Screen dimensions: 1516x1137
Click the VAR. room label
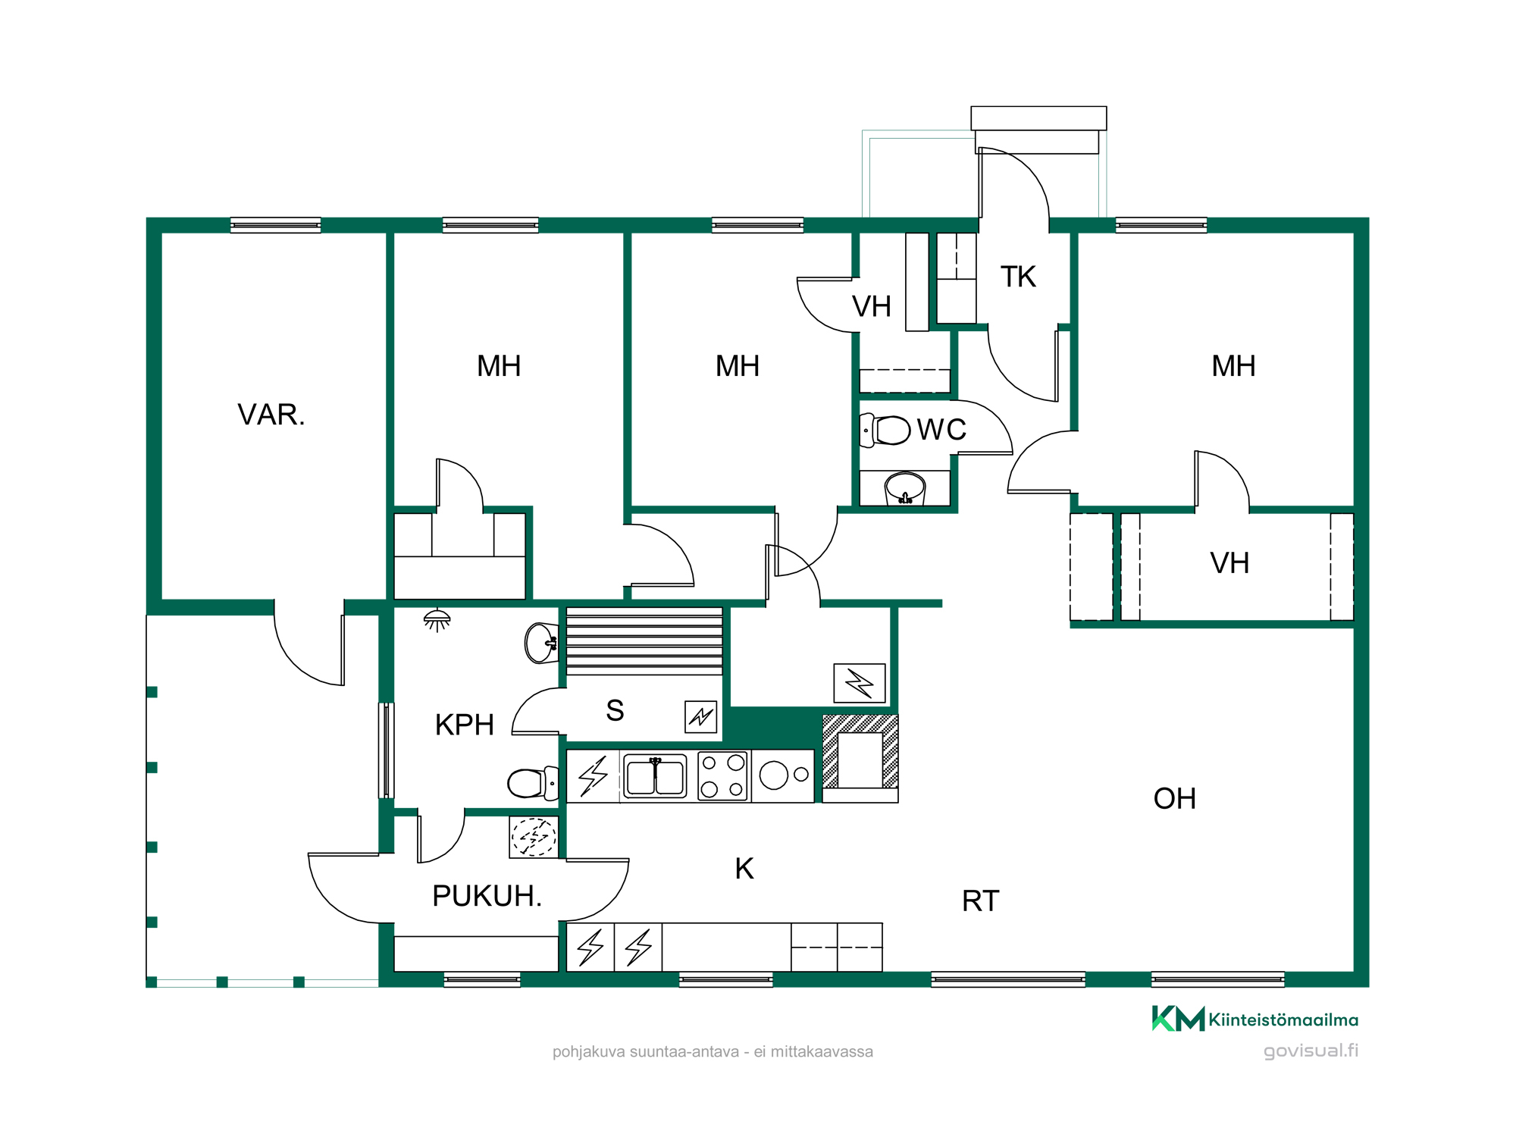coord(271,415)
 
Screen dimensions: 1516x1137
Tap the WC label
coord(941,430)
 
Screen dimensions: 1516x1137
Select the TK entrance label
coord(1018,277)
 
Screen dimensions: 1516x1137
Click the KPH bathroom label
coord(464,725)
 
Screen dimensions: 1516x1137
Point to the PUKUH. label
coord(487,896)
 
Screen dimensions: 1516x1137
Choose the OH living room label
coord(1174,799)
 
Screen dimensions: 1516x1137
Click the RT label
coord(980,901)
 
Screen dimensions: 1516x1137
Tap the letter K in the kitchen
coord(744,869)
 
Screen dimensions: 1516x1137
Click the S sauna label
coord(615,710)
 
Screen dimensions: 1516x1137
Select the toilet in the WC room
coord(885,431)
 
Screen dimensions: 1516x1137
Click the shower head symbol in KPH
coord(437,620)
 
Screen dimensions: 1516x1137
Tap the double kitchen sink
coord(655,776)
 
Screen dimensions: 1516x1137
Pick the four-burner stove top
coord(722,776)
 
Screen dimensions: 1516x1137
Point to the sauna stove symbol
coord(701,716)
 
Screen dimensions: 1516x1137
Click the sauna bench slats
coord(644,641)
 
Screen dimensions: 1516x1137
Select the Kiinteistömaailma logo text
coord(1283,1020)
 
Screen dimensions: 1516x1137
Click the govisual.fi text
coord(1311,1051)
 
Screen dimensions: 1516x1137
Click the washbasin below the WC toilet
coord(905,488)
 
